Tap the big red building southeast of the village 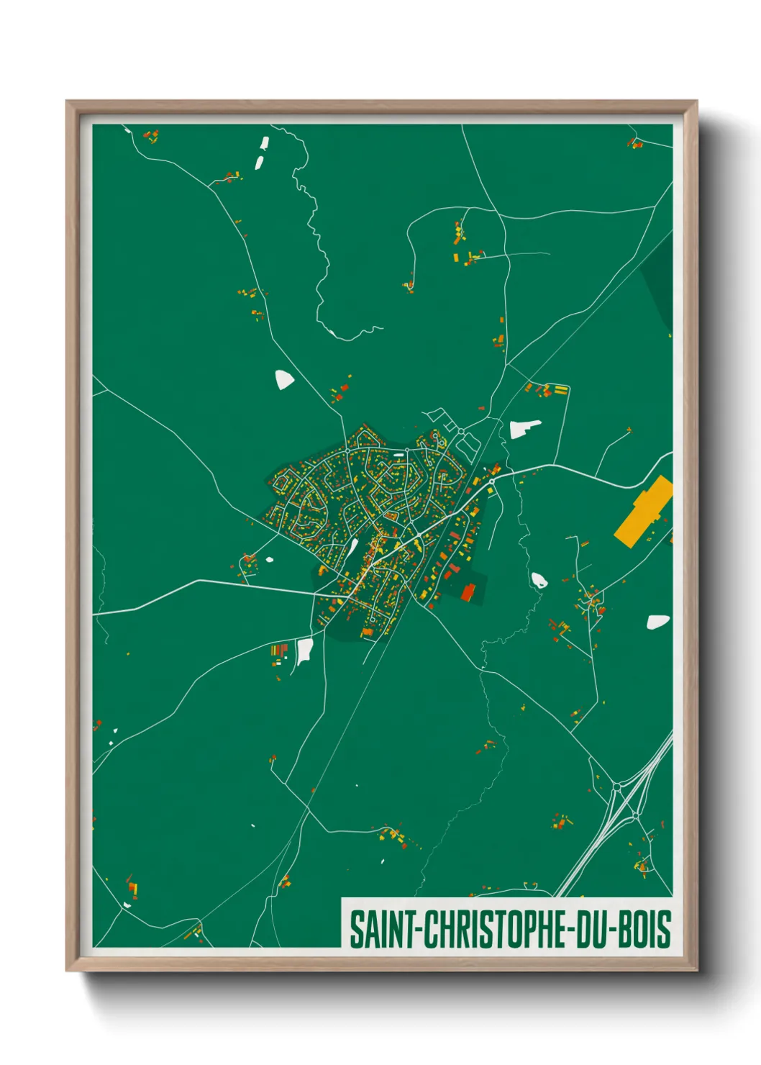(x=468, y=593)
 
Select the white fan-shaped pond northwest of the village (x=284, y=379)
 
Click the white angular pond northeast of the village (x=523, y=429)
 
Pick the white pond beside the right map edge (x=657, y=622)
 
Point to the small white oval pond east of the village (x=537, y=579)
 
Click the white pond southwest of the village (x=305, y=651)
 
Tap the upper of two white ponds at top (x=264, y=144)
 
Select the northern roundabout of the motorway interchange (x=616, y=788)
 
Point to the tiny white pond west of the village (x=270, y=559)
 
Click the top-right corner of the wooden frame (x=696, y=102)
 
